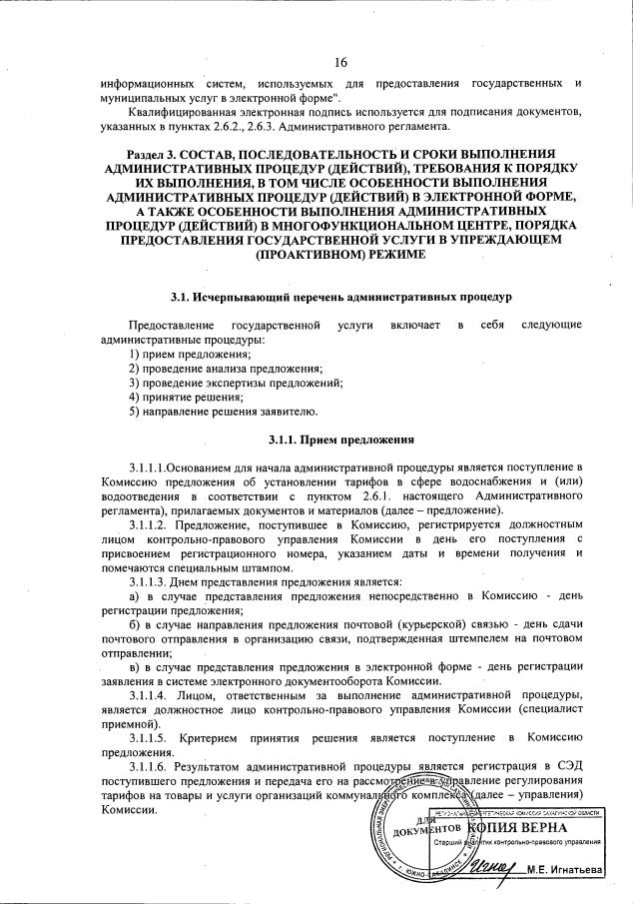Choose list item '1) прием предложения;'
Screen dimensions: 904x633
pos(191,356)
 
